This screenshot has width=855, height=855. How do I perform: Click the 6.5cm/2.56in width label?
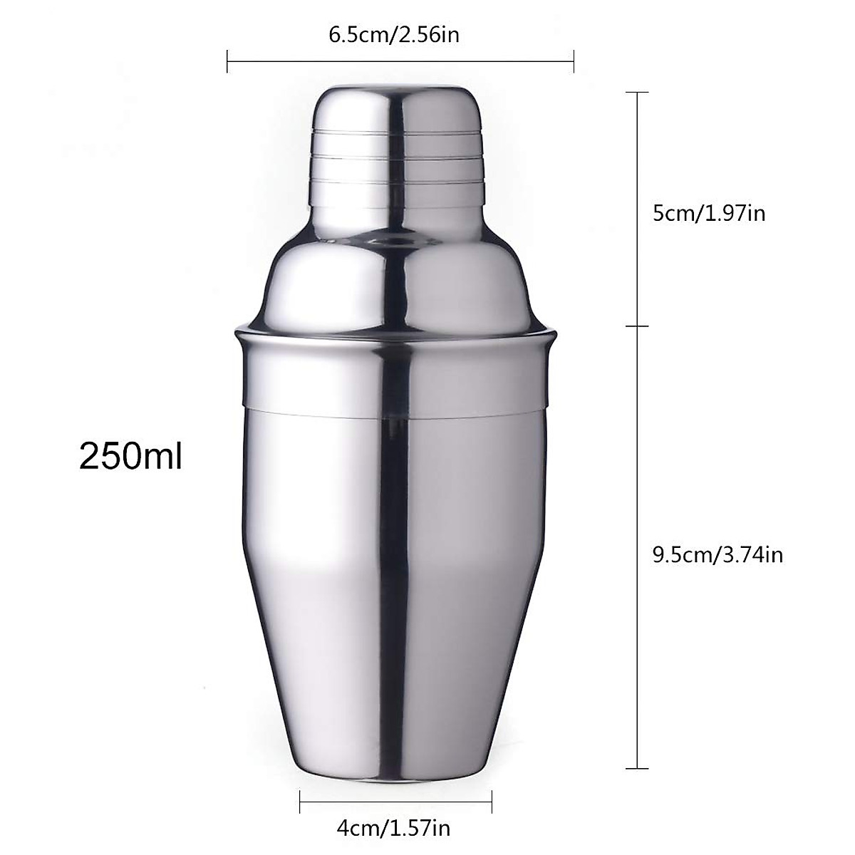[x=394, y=36]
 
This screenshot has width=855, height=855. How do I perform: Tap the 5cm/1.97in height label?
[x=709, y=212]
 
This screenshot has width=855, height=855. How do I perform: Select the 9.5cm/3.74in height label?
[x=717, y=554]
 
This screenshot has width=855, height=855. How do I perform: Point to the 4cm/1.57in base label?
[x=393, y=829]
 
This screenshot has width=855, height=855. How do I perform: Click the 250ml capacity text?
[x=130, y=456]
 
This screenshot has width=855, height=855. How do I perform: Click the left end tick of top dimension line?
[x=227, y=61]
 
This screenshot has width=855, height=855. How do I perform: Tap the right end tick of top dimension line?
[x=574, y=61]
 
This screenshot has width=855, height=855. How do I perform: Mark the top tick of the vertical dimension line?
[x=637, y=93]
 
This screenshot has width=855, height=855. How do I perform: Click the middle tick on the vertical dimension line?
[x=637, y=326]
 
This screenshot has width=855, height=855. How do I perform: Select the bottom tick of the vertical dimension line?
[x=637, y=769]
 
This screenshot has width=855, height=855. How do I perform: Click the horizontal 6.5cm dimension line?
[x=399, y=61]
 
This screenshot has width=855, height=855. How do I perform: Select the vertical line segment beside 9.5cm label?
[x=637, y=549]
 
